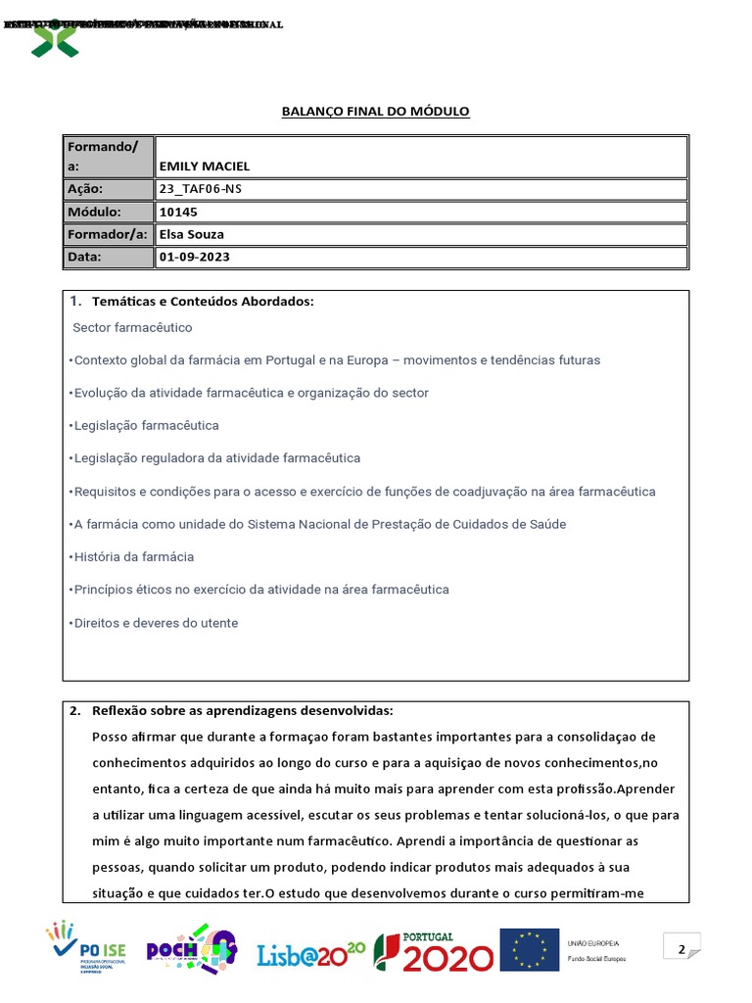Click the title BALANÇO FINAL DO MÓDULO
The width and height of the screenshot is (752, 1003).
376,112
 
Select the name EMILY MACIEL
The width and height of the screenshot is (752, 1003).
204,167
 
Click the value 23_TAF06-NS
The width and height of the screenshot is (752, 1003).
200,189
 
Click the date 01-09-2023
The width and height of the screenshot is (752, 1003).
195,257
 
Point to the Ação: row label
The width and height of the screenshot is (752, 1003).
85,189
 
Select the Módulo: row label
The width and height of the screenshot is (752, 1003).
94,212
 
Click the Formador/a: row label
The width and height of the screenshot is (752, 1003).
107,234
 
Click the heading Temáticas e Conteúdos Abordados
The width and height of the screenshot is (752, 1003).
203,301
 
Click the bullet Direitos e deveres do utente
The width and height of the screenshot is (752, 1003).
154,623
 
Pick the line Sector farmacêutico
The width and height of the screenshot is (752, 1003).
132,327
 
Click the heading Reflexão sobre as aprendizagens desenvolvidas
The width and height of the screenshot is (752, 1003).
242,711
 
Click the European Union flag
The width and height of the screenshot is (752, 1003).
529,949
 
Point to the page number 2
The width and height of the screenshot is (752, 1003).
680,948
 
